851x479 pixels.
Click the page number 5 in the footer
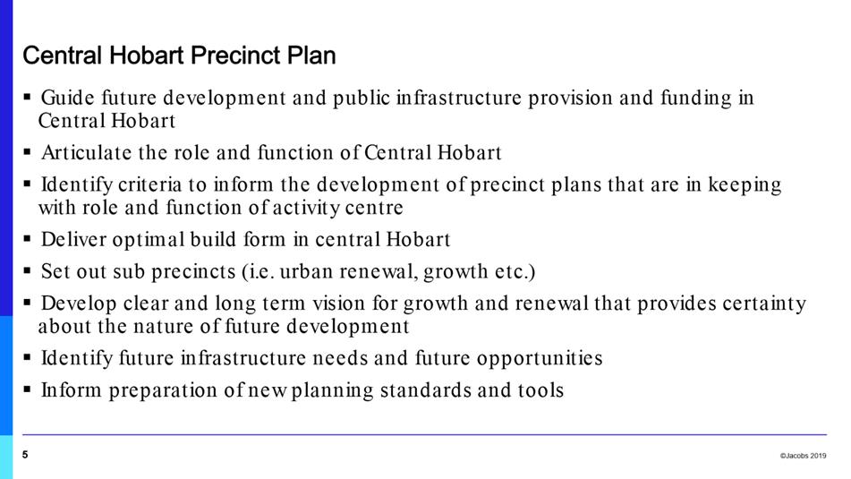(x=25, y=455)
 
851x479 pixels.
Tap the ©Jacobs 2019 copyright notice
(x=803, y=456)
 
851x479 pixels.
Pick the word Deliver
(x=73, y=239)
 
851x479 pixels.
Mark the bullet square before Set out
(x=27, y=269)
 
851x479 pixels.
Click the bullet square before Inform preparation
(x=27, y=389)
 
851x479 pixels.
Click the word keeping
(x=745, y=185)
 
